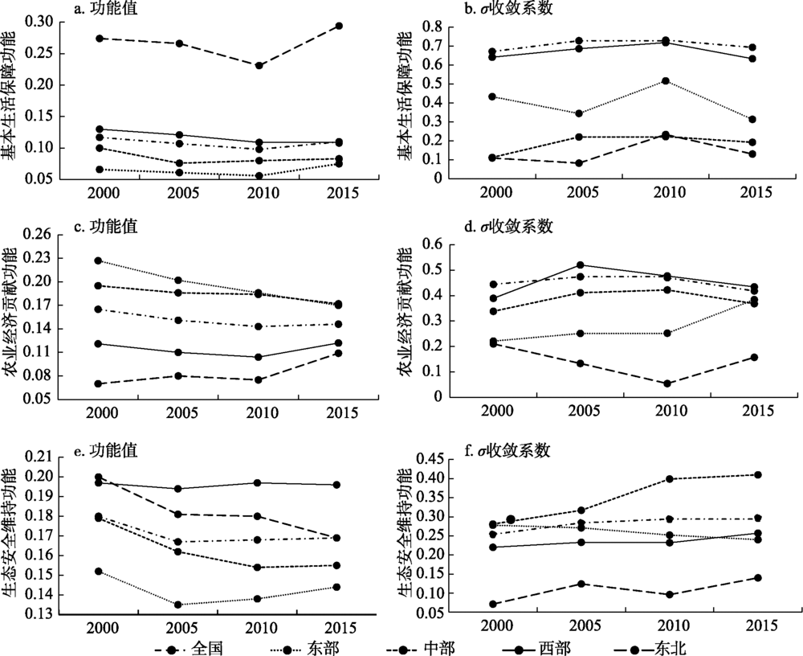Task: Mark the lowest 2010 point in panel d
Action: click(x=666, y=383)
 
